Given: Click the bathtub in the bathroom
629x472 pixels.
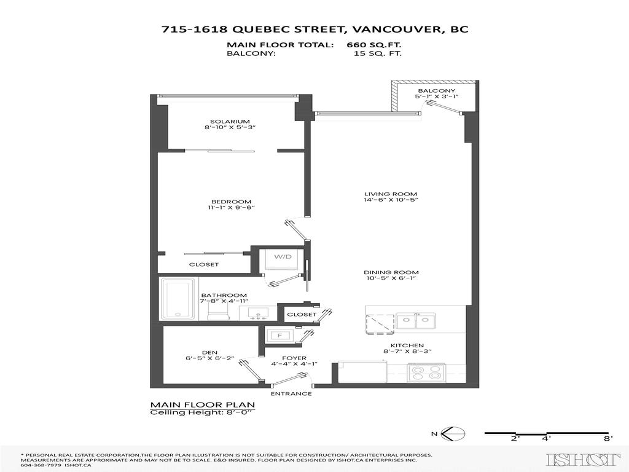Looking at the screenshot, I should (x=178, y=299).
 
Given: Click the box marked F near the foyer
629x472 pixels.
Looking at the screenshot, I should (x=279, y=336).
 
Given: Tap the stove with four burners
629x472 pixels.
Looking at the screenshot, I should (x=426, y=372).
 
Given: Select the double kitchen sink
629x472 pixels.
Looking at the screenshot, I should (x=415, y=320).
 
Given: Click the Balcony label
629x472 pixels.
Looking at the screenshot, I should (x=436, y=91).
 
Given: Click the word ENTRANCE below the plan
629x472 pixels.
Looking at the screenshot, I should (x=291, y=394).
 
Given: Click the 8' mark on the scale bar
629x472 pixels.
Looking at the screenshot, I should (x=608, y=438).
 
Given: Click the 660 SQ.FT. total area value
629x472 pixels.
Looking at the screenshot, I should (x=374, y=45).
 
